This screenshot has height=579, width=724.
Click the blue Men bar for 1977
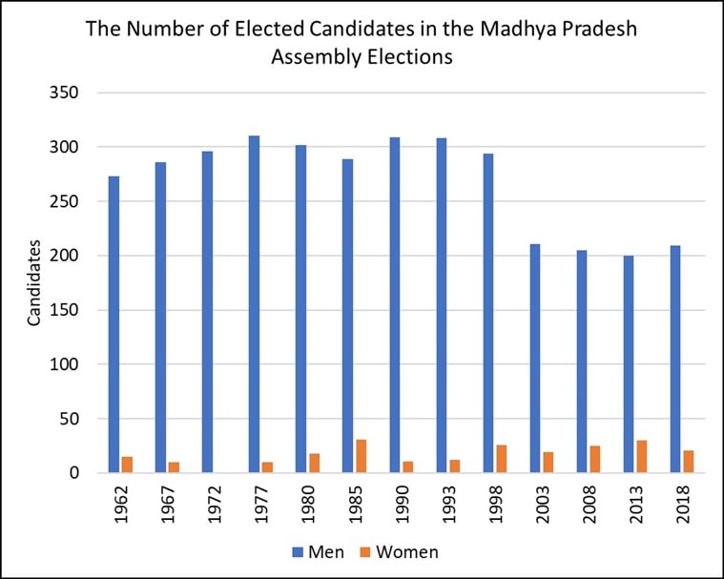pos(254,304)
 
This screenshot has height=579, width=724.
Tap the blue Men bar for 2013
pos(628,363)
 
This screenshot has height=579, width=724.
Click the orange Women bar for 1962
pos(127,465)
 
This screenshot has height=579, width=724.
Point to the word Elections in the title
pos(411,57)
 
